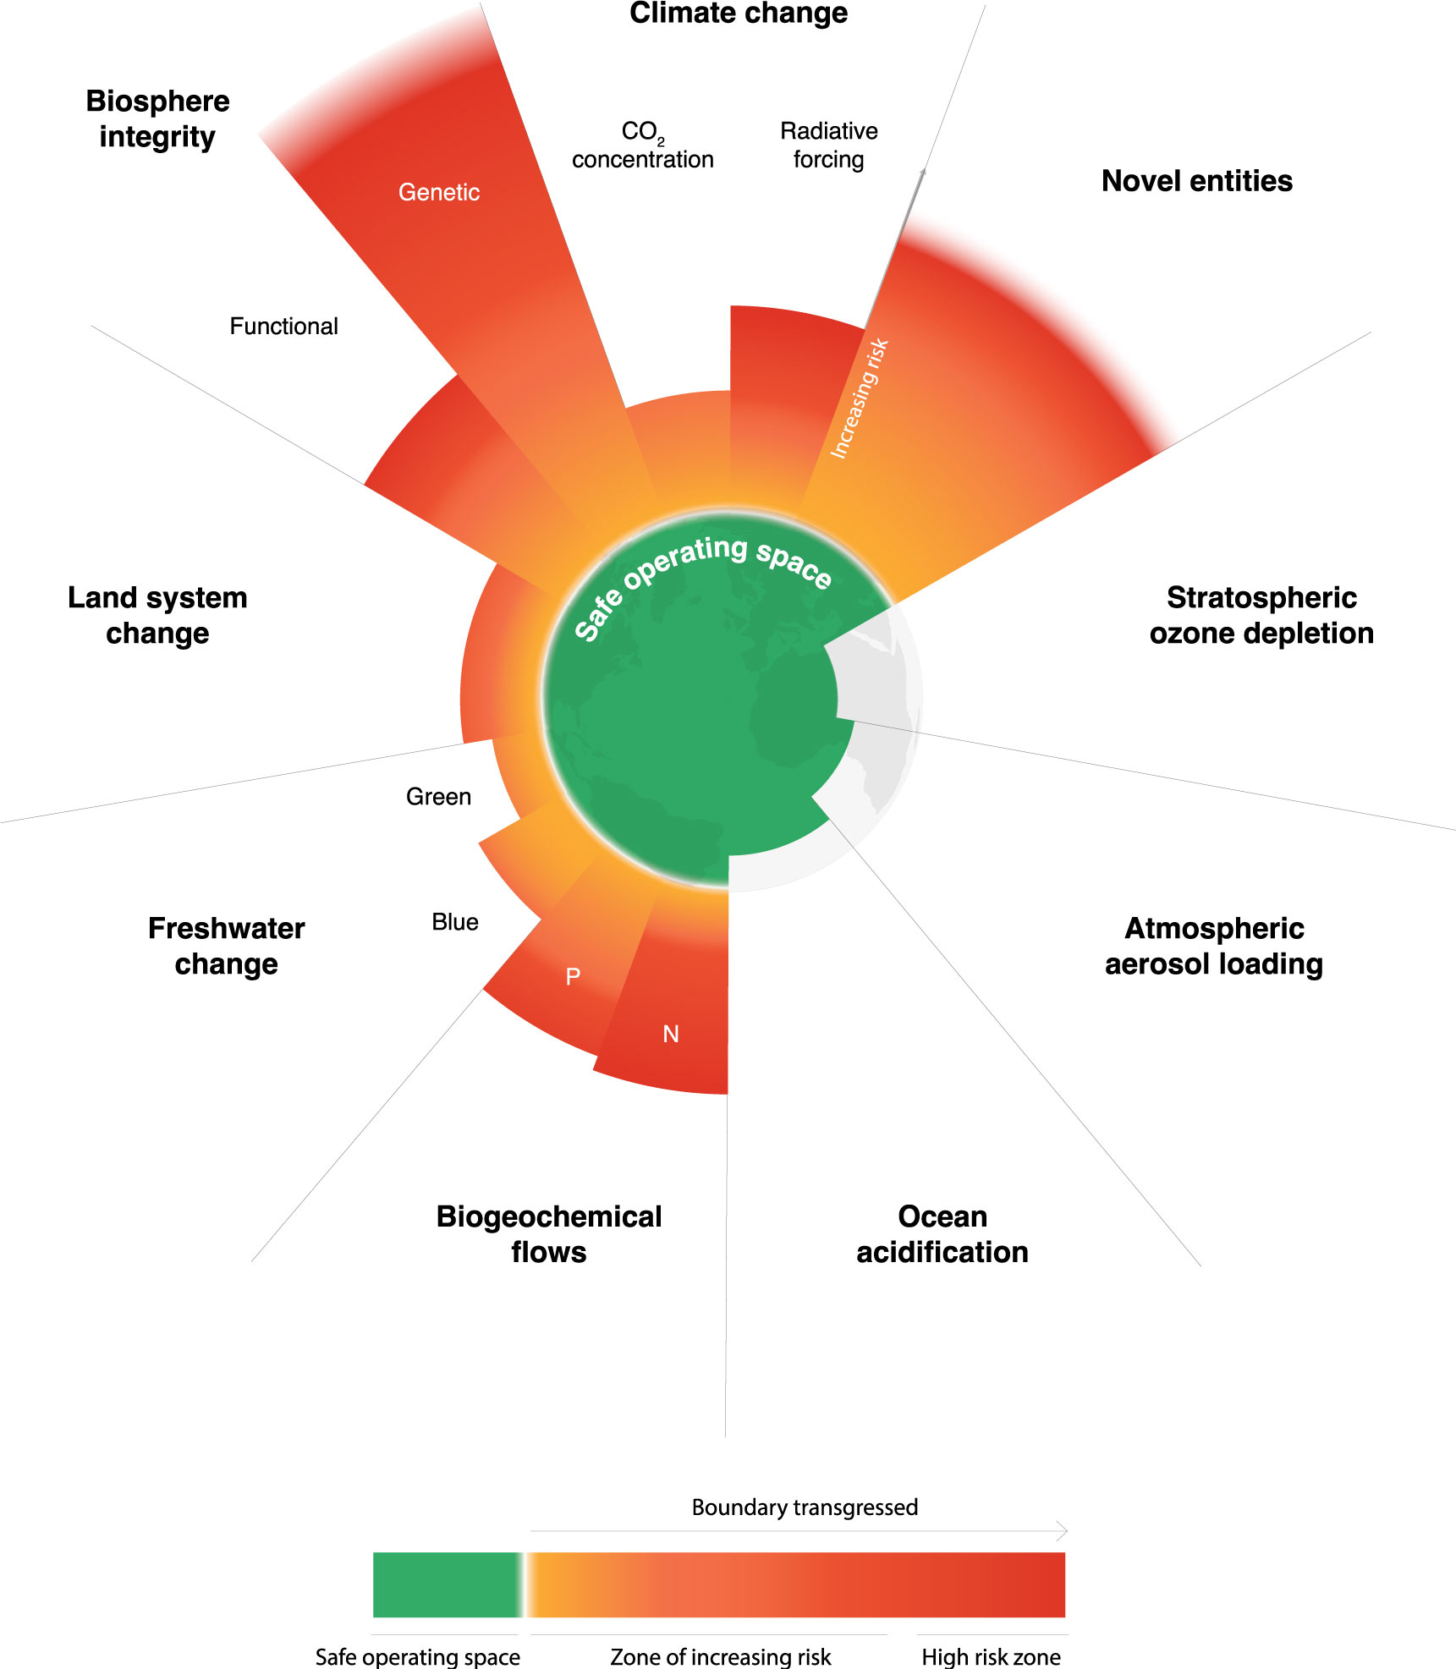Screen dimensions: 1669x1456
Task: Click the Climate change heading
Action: pyautogui.click(x=738, y=14)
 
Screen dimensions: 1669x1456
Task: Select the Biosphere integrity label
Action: pyautogui.click(x=157, y=118)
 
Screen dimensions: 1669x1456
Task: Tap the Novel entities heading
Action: pyautogui.click(x=1196, y=181)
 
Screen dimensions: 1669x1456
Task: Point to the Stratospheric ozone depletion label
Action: pyautogui.click(x=1261, y=615)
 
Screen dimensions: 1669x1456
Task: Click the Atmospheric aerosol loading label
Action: pyautogui.click(x=1213, y=946)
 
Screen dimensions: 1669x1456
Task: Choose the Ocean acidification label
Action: pyautogui.click(x=942, y=1234)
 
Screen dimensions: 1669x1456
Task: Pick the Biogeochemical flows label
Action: pyautogui.click(x=548, y=1234)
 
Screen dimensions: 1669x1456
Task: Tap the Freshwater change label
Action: pyautogui.click(x=226, y=946)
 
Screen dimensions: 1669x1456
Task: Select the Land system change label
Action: pyautogui.click(x=157, y=615)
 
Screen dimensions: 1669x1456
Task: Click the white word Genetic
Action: pyautogui.click(x=438, y=193)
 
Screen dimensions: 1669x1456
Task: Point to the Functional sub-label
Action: pyautogui.click(x=283, y=327)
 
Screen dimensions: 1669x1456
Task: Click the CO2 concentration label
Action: pyautogui.click(x=642, y=145)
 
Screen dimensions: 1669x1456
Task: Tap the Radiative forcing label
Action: pyautogui.click(x=828, y=145)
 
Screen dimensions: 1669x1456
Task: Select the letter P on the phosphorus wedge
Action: pyautogui.click(x=573, y=977)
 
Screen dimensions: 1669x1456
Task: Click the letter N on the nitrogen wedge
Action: pyautogui.click(x=671, y=1034)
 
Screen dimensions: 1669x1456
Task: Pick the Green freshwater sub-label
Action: pyautogui.click(x=438, y=797)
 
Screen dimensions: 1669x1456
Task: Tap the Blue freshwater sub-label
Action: pyautogui.click(x=455, y=922)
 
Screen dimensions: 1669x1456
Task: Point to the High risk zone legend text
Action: pyautogui.click(x=991, y=1656)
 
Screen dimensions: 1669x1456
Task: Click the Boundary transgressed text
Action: pyautogui.click(x=805, y=1507)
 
